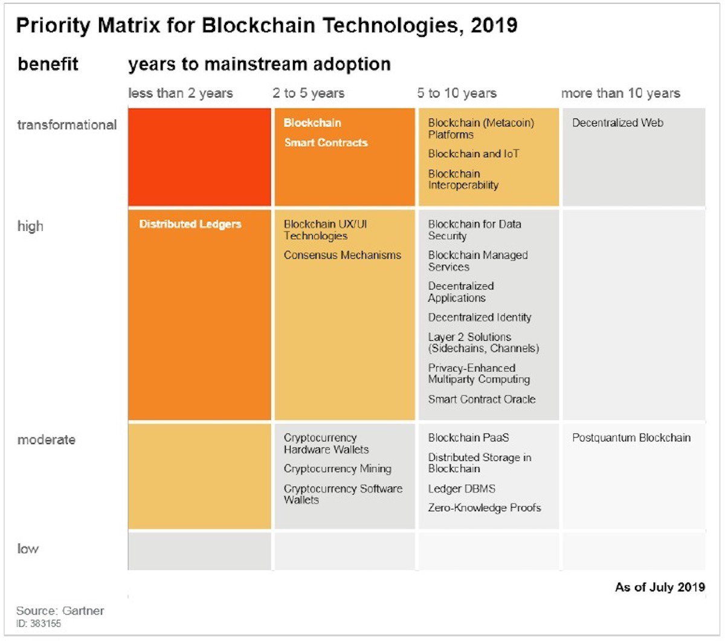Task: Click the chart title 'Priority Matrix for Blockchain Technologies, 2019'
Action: click(x=266, y=25)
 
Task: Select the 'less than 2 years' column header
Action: click(x=180, y=93)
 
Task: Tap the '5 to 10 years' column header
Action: click(x=456, y=93)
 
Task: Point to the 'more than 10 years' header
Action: click(x=620, y=93)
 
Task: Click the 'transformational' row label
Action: click(x=66, y=125)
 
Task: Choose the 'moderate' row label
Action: click(x=46, y=440)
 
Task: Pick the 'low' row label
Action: click(x=28, y=549)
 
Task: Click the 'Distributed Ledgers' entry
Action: click(x=190, y=224)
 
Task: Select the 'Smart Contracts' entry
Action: click(x=326, y=143)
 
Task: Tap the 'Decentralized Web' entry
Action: click(x=617, y=123)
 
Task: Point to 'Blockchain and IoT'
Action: click(x=473, y=154)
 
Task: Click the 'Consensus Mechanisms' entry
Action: click(x=342, y=256)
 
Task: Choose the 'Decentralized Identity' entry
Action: click(x=479, y=317)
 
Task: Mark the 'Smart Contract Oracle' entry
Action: click(x=482, y=399)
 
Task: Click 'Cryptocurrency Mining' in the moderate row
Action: click(x=337, y=469)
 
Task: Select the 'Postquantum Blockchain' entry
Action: click(x=631, y=438)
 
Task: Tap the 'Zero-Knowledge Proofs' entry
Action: click(x=484, y=508)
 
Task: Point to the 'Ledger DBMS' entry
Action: click(x=461, y=489)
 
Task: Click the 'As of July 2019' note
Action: click(x=659, y=587)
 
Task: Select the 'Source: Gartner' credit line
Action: click(x=60, y=611)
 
